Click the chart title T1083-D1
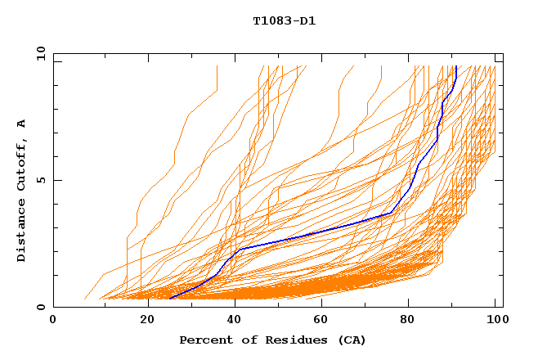tap(284, 21)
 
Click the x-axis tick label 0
tap(53, 319)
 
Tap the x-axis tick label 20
tap(142, 319)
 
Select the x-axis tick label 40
tap(231, 319)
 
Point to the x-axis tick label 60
tap(319, 319)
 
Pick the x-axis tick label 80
tap(407, 319)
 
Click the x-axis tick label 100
tap(495, 319)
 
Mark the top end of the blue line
tap(456, 67)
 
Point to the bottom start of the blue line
tap(170, 299)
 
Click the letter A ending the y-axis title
tap(22, 124)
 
